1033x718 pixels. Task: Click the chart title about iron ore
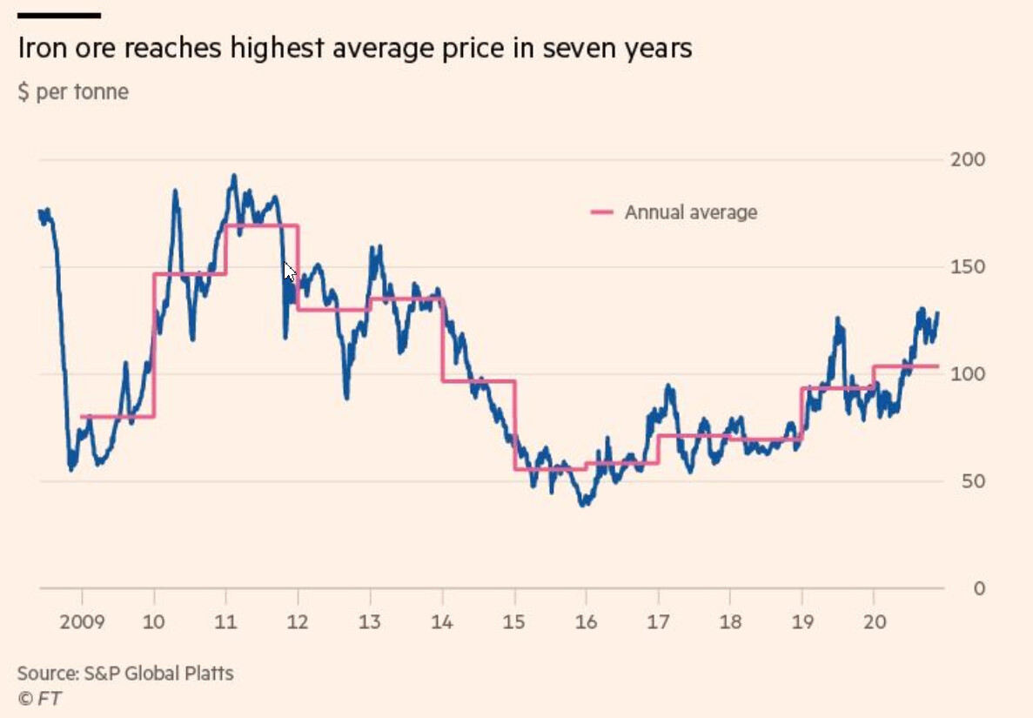tap(354, 48)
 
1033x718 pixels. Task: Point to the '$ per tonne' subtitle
tap(73, 91)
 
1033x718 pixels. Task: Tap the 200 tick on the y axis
tap(969, 160)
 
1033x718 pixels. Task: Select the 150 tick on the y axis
tap(969, 267)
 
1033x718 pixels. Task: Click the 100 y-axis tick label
tap(969, 374)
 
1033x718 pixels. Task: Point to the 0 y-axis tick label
tap(978, 588)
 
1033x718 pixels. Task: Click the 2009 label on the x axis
tap(83, 622)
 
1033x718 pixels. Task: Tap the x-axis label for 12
tap(298, 622)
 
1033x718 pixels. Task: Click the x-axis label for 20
tap(873, 622)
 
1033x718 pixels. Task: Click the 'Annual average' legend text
tap(690, 212)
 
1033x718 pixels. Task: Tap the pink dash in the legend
tap(601, 212)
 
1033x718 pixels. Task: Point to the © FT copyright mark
tap(39, 698)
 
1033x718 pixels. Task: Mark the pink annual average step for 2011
tap(262, 225)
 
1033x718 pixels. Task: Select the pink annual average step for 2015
tap(550, 469)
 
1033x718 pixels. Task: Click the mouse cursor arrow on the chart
tap(290, 271)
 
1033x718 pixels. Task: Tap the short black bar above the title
tap(59, 15)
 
